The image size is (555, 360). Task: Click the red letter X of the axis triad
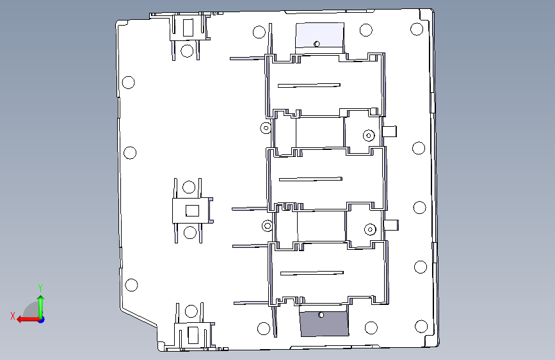[13, 316]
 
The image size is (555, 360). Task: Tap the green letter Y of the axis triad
[40, 288]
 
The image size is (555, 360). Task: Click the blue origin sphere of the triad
[42, 320]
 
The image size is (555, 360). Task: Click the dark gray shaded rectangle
[324, 323]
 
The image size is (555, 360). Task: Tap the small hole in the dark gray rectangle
[321, 315]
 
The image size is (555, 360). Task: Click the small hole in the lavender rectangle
[317, 44]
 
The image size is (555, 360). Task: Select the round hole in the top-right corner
[417, 29]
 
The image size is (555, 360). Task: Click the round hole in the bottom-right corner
[421, 326]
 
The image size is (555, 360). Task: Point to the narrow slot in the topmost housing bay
[309, 85]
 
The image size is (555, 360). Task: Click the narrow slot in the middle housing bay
[310, 179]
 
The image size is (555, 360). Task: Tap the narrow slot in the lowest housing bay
[312, 273]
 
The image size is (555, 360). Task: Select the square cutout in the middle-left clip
[192, 211]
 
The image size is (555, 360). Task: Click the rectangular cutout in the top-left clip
[188, 28]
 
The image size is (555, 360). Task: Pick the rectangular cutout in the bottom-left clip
[193, 336]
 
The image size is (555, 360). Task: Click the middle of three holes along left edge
[130, 152]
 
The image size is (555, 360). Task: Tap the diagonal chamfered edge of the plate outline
[139, 317]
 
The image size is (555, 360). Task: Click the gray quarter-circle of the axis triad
[31, 309]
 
